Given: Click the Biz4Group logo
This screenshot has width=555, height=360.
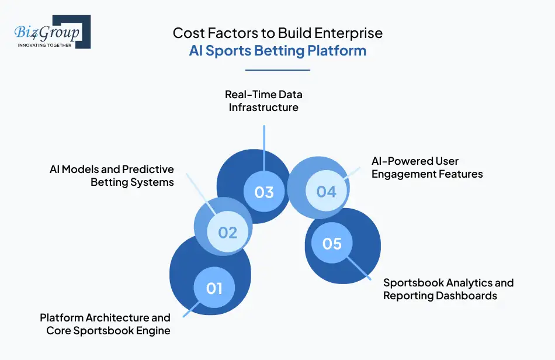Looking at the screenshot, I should [52, 32].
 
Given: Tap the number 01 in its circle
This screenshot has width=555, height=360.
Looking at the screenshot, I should [214, 288].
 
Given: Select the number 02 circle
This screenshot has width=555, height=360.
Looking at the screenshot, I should [227, 233].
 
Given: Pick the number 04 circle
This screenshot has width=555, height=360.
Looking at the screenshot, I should [326, 191].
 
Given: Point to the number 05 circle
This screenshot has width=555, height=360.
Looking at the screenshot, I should [332, 243].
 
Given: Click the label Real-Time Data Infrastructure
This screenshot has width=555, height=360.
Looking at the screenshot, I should [264, 101].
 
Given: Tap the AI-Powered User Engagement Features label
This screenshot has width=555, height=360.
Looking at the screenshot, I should [427, 167].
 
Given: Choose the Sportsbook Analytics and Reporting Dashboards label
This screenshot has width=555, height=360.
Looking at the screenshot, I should [448, 289].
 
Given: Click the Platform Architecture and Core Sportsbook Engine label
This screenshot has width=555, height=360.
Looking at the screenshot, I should [105, 324].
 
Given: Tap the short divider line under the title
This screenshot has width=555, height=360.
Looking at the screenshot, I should [277, 70].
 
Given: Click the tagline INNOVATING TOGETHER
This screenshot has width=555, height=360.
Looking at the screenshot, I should [45, 44].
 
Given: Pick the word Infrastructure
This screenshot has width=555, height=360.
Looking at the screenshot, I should [263, 107].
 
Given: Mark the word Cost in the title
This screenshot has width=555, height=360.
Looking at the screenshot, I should [185, 33].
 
